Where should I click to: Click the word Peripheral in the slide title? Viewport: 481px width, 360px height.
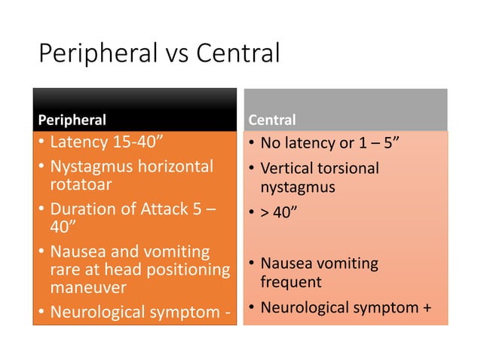pos(95,54)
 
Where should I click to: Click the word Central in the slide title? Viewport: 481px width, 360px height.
pos(237,53)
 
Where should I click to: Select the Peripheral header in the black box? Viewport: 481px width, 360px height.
pos(72,119)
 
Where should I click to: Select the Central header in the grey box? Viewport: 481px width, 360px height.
pos(271,120)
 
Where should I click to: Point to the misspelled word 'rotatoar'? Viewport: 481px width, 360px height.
pos(78,183)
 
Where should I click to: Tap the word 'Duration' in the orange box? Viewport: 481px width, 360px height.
pos(81,209)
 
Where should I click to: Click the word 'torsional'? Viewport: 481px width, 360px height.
pos(349,167)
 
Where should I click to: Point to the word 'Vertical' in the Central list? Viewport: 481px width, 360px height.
pos(289,167)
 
